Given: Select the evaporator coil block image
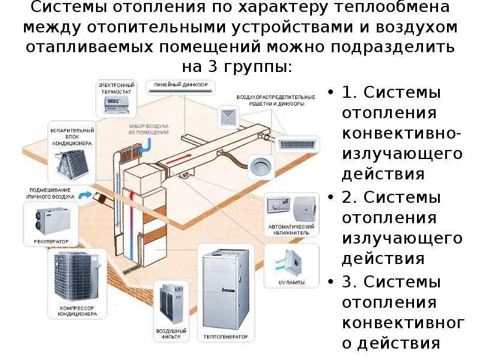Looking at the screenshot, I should point(74,162).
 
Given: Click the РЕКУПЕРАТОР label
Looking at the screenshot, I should point(51,241).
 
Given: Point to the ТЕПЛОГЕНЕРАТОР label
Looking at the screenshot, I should point(224,336).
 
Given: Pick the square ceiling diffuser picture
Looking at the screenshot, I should point(228,116).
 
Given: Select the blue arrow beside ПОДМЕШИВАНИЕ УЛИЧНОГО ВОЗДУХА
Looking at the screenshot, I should point(85,194).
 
